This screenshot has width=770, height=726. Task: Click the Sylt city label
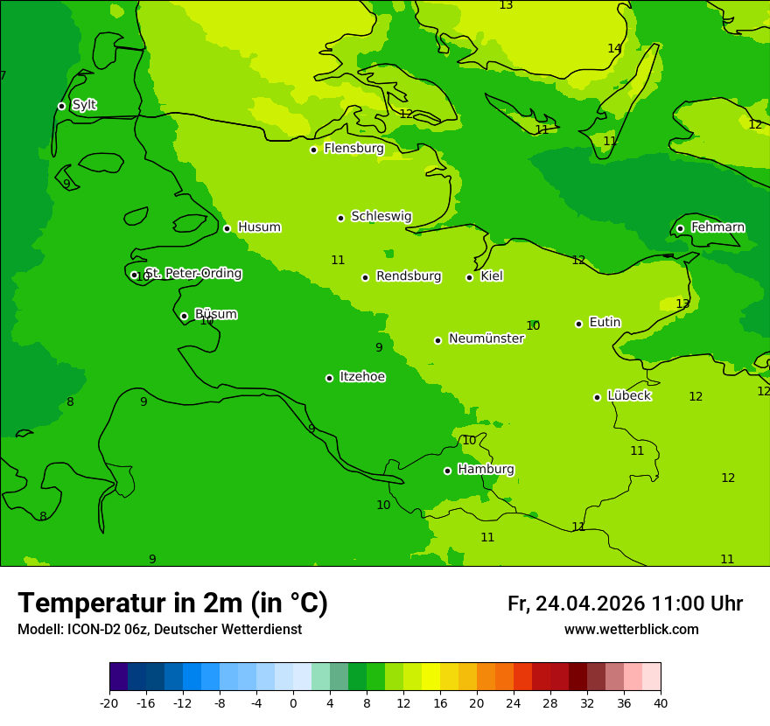[84, 105]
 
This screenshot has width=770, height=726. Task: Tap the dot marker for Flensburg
[313, 150]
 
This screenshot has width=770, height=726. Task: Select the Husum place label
[259, 227]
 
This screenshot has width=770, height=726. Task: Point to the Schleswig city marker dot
[340, 218]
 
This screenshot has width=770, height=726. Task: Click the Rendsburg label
[409, 276]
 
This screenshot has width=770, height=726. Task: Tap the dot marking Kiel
[469, 277]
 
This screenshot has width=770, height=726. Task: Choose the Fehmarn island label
[717, 227]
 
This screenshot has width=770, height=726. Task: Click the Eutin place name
[605, 323]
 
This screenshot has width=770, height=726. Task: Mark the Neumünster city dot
[437, 340]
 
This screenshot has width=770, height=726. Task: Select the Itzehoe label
[362, 377]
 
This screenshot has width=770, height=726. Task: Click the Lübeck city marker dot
[597, 397]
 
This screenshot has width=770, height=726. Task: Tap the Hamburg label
[486, 470]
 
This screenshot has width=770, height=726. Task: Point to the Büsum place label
[215, 315]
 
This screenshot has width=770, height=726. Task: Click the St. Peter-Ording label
[193, 274]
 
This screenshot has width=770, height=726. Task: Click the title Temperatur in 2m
[172, 603]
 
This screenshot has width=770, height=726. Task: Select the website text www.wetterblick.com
[631, 630]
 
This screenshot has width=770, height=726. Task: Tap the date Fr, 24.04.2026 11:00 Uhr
[625, 604]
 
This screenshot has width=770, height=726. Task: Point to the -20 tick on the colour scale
[109, 703]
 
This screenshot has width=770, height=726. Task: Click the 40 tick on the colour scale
[660, 703]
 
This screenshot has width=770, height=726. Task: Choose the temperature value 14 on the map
[614, 49]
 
